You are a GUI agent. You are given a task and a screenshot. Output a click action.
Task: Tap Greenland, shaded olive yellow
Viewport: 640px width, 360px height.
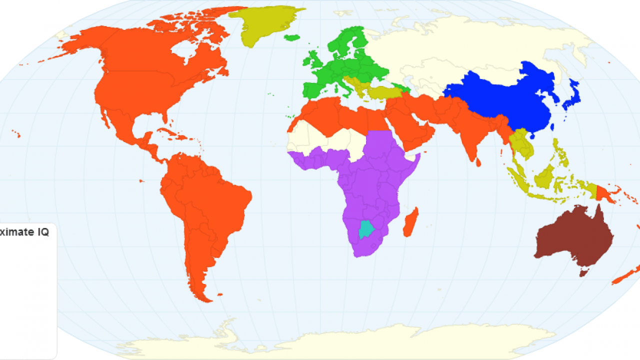click(x=260, y=22)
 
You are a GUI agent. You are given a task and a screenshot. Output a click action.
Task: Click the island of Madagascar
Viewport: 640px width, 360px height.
click(x=410, y=223)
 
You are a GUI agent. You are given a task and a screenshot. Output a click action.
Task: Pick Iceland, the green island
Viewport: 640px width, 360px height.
click(x=291, y=37)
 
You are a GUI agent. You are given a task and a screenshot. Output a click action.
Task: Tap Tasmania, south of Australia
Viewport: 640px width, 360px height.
click(x=582, y=272)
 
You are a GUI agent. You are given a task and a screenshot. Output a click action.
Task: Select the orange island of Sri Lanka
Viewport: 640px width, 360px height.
click(x=478, y=162)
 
